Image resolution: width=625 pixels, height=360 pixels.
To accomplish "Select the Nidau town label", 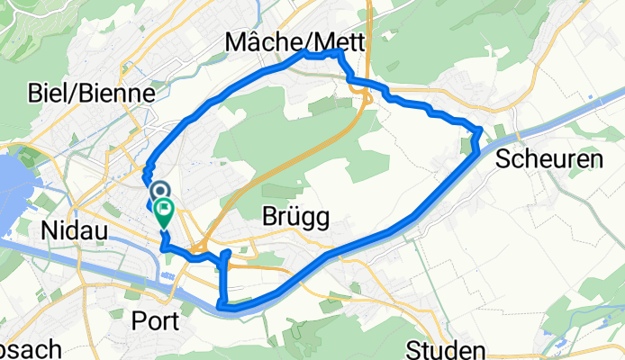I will tap(75, 231).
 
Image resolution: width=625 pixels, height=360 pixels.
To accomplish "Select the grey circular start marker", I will tap(160, 192).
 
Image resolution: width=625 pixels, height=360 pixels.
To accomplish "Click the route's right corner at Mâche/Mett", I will tap(340, 54).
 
